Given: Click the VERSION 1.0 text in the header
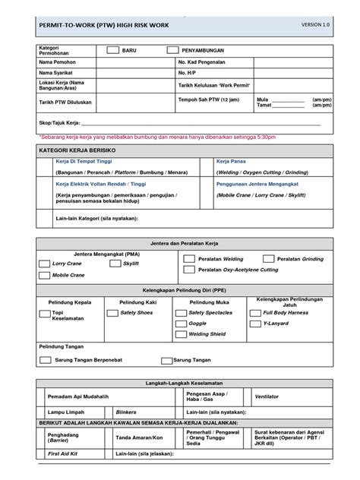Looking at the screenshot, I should pos(317,25).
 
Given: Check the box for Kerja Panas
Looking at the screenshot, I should pos(206,163).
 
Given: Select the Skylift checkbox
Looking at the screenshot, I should pos(115,264).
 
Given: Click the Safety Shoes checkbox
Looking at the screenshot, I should pos(113,312).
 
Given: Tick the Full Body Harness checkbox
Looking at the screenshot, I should pos(256,312).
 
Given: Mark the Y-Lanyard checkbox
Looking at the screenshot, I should pos(256,323).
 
